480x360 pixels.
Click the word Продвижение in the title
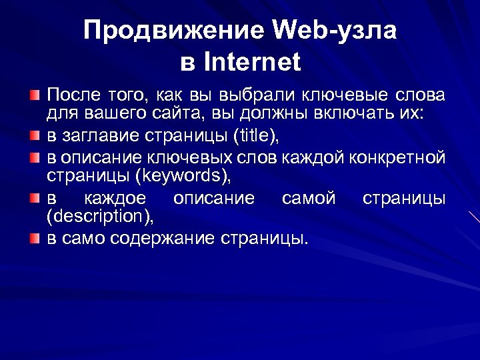point(174,31)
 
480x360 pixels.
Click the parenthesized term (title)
point(257,137)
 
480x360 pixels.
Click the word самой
point(309,198)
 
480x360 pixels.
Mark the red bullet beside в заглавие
point(35,137)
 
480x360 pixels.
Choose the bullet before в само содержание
point(35,238)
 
